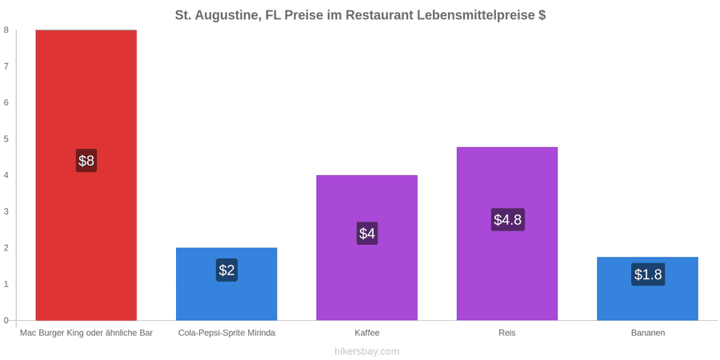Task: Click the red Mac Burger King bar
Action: (x=86, y=175)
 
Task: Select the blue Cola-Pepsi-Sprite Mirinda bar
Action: (x=226, y=284)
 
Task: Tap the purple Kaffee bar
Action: (x=367, y=248)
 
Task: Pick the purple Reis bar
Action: (x=507, y=234)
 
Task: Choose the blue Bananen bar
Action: (x=647, y=289)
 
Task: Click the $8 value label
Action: (x=86, y=161)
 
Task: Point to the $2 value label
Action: (x=227, y=270)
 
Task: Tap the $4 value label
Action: (x=367, y=234)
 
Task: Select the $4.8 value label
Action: (x=508, y=219)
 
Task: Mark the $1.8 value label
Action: (x=648, y=274)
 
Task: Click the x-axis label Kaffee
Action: (x=367, y=333)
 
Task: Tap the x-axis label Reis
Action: (x=507, y=333)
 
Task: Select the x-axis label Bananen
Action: (x=647, y=333)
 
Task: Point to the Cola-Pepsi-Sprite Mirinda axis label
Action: (x=227, y=333)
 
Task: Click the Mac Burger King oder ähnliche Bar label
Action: (x=86, y=333)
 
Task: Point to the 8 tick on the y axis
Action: (x=6, y=30)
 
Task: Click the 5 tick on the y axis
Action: (x=6, y=139)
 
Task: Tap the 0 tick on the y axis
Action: (x=6, y=321)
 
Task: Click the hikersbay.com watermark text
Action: (x=367, y=352)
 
